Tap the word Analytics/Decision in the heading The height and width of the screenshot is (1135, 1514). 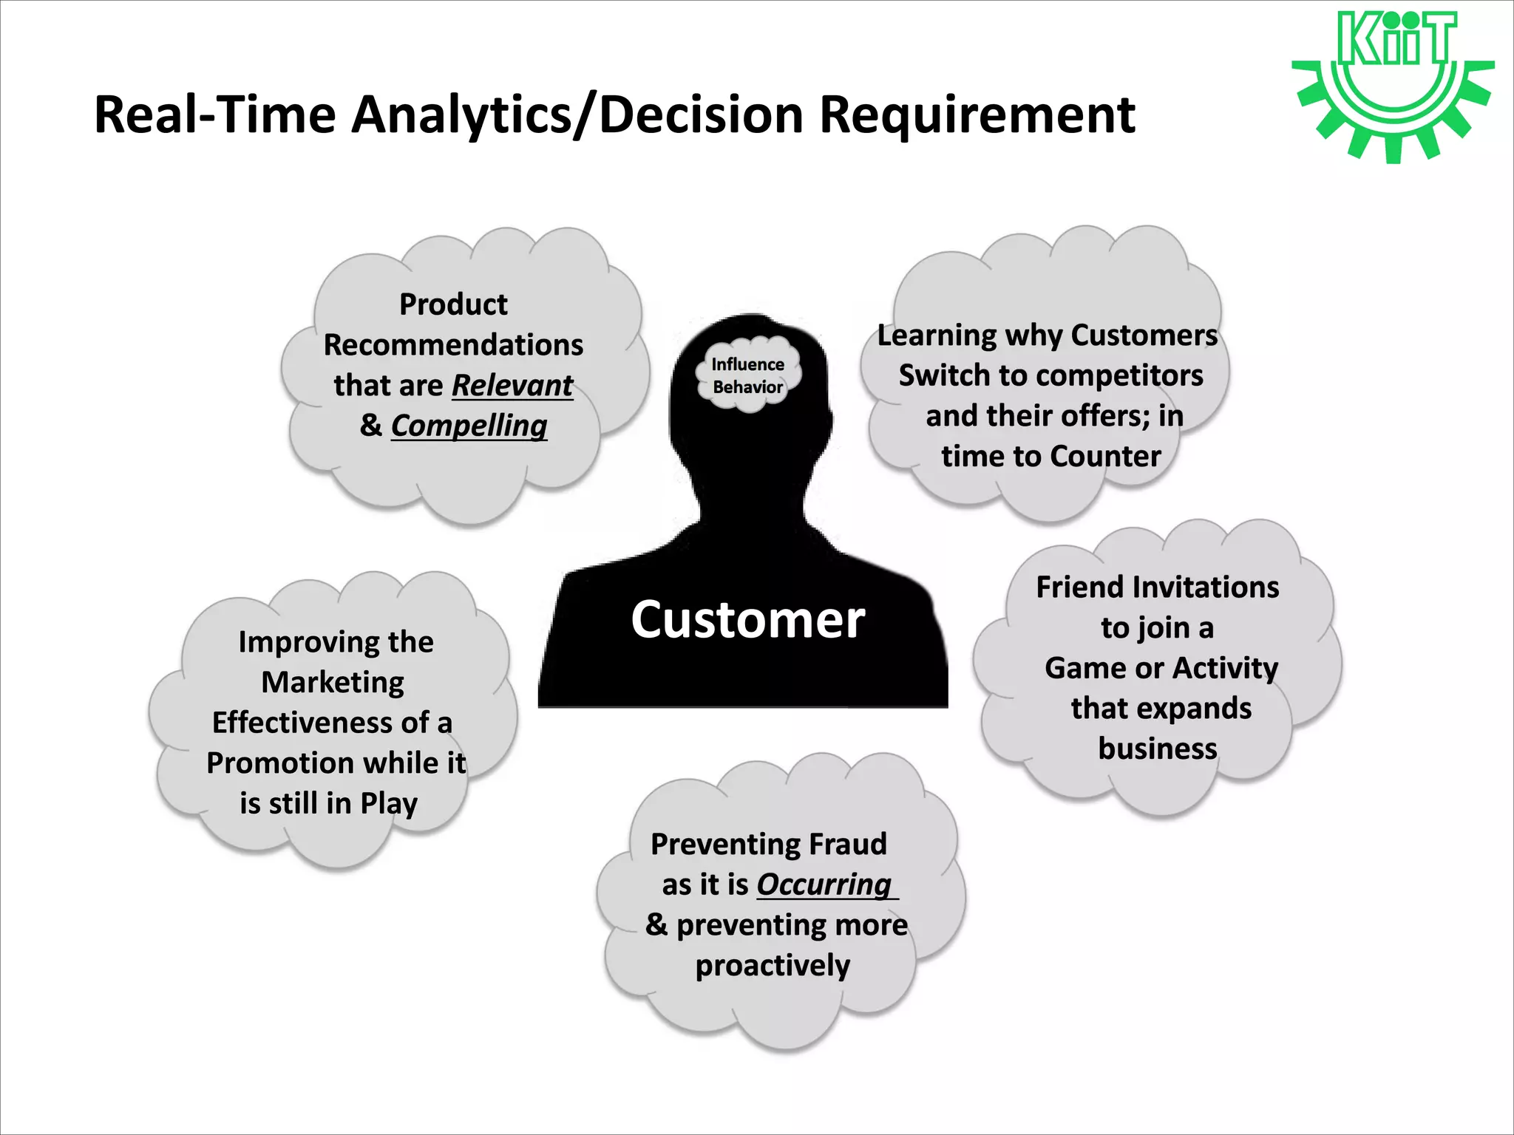click(577, 115)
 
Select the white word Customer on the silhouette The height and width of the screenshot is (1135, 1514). click(747, 619)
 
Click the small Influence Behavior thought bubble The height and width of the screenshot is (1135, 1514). click(748, 375)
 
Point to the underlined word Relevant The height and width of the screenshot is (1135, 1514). click(512, 385)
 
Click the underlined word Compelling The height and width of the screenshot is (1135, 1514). click(469, 426)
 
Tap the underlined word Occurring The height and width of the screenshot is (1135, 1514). click(824, 885)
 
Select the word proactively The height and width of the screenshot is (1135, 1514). click(773, 965)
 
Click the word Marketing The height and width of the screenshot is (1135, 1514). click(333, 682)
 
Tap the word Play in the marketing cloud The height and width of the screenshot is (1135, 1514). click(389, 803)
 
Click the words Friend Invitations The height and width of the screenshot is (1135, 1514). click(1157, 587)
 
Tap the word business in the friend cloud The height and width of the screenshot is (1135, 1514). click(1157, 749)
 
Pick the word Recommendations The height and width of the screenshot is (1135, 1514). click(453, 345)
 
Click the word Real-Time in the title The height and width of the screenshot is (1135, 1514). click(215, 115)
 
